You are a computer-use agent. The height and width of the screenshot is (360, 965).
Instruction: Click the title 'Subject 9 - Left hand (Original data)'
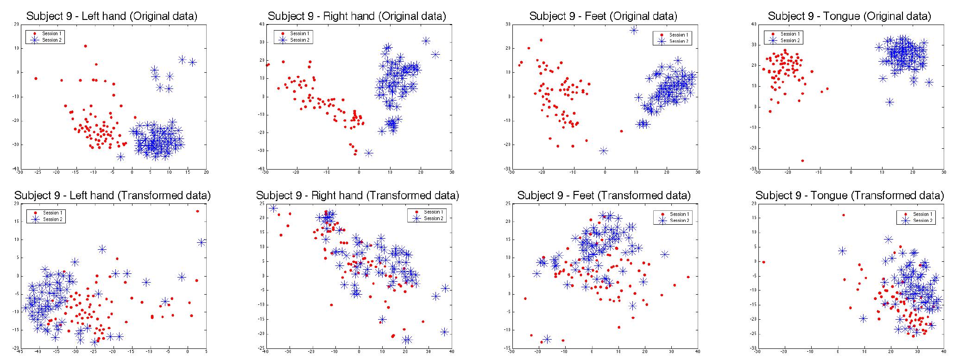112,16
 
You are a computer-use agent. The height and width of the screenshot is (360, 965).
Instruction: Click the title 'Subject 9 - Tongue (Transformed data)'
849,196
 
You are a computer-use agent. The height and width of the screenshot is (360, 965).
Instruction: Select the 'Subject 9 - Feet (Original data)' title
603,16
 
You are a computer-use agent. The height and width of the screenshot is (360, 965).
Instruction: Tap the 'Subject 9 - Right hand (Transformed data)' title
357,196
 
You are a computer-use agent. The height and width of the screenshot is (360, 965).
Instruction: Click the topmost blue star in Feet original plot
634,30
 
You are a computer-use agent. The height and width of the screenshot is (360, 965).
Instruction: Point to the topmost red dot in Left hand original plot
85,46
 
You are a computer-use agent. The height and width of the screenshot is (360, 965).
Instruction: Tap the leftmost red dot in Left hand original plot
36,78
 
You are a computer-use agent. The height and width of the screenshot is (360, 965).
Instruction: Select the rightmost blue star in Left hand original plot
193,62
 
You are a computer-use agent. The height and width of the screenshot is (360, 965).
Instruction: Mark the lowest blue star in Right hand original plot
369,153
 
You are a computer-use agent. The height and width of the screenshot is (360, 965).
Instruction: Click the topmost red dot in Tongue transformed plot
843,215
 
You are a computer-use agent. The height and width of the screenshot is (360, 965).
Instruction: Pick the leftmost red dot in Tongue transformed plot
763,262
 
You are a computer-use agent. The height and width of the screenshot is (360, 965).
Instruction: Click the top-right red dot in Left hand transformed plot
197,211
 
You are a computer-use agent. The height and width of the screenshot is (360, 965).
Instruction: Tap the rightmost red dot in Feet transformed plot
688,277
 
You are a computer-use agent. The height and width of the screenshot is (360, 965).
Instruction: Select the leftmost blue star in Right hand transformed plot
273,208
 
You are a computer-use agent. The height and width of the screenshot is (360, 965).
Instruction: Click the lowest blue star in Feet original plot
604,151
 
